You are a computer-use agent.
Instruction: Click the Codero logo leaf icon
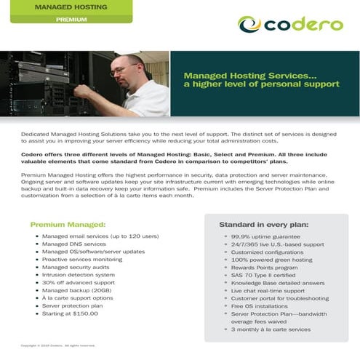tap(250, 25)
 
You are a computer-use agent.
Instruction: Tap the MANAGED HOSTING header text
tap(71, 7)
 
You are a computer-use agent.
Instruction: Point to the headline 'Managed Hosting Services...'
tap(240, 75)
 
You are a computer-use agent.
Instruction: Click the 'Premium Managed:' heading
tap(68, 225)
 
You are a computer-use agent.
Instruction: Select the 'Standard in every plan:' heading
tap(264, 225)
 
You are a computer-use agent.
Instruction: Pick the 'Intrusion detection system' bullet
tap(79, 275)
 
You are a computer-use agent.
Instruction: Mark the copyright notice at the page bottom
tap(58, 345)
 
